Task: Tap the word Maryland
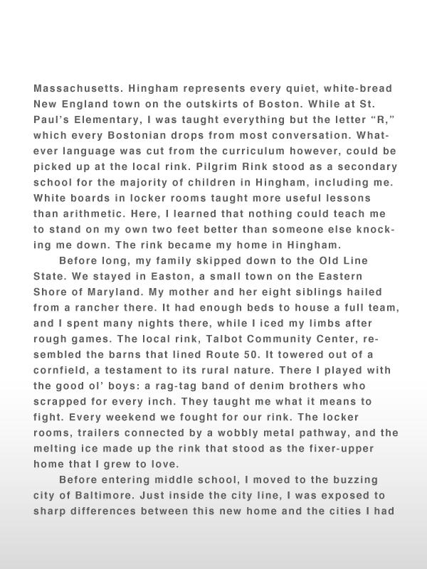130,292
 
